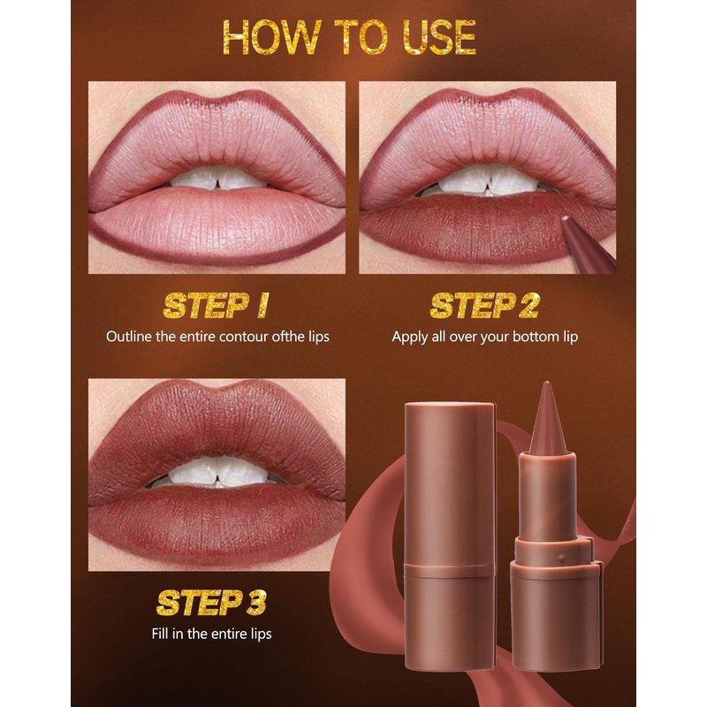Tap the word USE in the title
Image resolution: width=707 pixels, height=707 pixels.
(439, 37)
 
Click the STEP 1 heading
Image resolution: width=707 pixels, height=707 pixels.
(216, 305)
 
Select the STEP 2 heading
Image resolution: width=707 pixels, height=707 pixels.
(484, 305)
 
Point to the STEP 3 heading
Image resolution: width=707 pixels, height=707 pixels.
(211, 603)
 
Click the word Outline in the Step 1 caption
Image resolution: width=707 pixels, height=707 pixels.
(129, 337)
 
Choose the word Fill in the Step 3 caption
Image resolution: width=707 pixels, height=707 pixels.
(160, 634)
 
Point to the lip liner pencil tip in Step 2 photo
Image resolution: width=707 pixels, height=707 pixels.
(565, 219)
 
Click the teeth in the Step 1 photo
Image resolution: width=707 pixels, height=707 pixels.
(218, 179)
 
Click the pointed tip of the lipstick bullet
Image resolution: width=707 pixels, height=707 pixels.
(547, 384)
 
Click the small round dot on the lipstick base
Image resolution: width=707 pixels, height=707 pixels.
(561, 559)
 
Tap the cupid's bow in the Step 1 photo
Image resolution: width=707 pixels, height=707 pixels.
(217, 98)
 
